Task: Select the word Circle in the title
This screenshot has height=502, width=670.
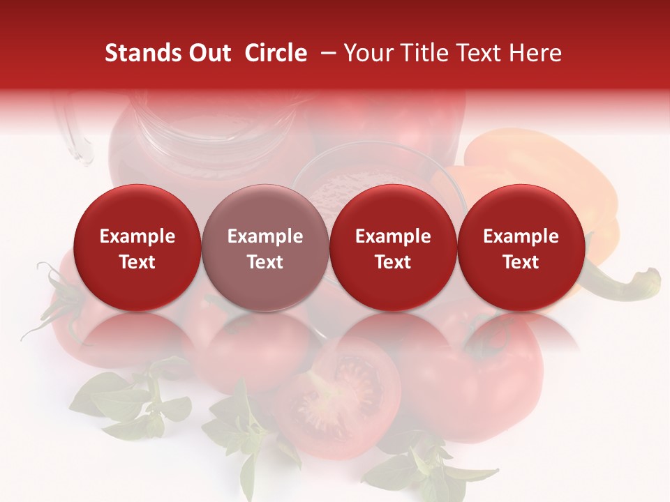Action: [x=275, y=53]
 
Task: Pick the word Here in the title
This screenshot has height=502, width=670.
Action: [x=535, y=53]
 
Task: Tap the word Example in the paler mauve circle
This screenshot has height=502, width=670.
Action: [x=265, y=236]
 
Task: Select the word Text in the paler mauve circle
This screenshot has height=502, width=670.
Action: [x=265, y=262]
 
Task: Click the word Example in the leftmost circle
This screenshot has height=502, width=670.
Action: [x=137, y=236]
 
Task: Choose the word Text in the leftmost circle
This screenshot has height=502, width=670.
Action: [x=137, y=262]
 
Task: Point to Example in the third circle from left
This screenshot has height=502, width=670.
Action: [x=393, y=236]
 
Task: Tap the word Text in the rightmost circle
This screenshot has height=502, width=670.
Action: [x=521, y=262]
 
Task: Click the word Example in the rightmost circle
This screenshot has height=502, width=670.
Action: [x=521, y=236]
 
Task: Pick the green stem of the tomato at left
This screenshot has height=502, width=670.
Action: [x=59, y=293]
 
